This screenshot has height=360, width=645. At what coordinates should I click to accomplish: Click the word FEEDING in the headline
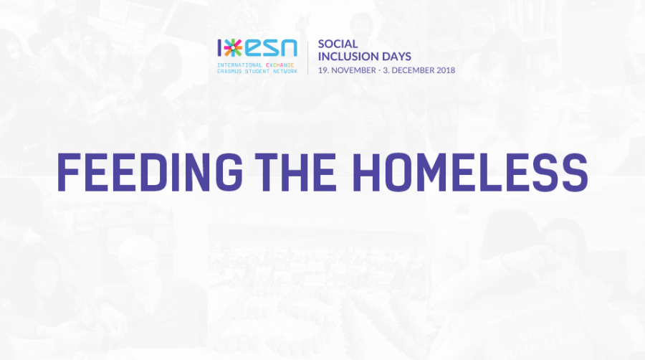tap(150, 172)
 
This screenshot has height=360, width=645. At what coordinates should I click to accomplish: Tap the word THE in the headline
tap(295, 172)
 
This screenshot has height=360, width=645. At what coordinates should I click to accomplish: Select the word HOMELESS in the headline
tap(469, 172)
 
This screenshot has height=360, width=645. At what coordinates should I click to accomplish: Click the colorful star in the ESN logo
tap(233, 48)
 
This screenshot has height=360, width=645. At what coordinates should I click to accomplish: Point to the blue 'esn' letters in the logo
tap(271, 48)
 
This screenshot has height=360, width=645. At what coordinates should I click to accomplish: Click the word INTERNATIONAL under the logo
tap(239, 65)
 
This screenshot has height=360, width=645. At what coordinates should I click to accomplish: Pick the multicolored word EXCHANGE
tap(279, 65)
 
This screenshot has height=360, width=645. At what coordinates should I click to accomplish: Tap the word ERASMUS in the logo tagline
tap(229, 71)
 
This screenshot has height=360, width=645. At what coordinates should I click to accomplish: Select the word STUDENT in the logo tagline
tap(257, 71)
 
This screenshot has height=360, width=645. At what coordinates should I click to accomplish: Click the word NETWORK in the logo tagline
tap(285, 71)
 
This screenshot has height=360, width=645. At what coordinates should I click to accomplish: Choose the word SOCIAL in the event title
tap(338, 44)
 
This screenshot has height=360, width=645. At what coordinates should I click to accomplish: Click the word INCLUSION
tap(350, 56)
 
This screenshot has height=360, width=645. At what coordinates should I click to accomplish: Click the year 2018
tap(446, 70)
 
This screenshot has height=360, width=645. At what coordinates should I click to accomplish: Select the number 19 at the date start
tap(323, 70)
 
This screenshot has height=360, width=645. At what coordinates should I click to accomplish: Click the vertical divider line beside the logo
tap(307, 57)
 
